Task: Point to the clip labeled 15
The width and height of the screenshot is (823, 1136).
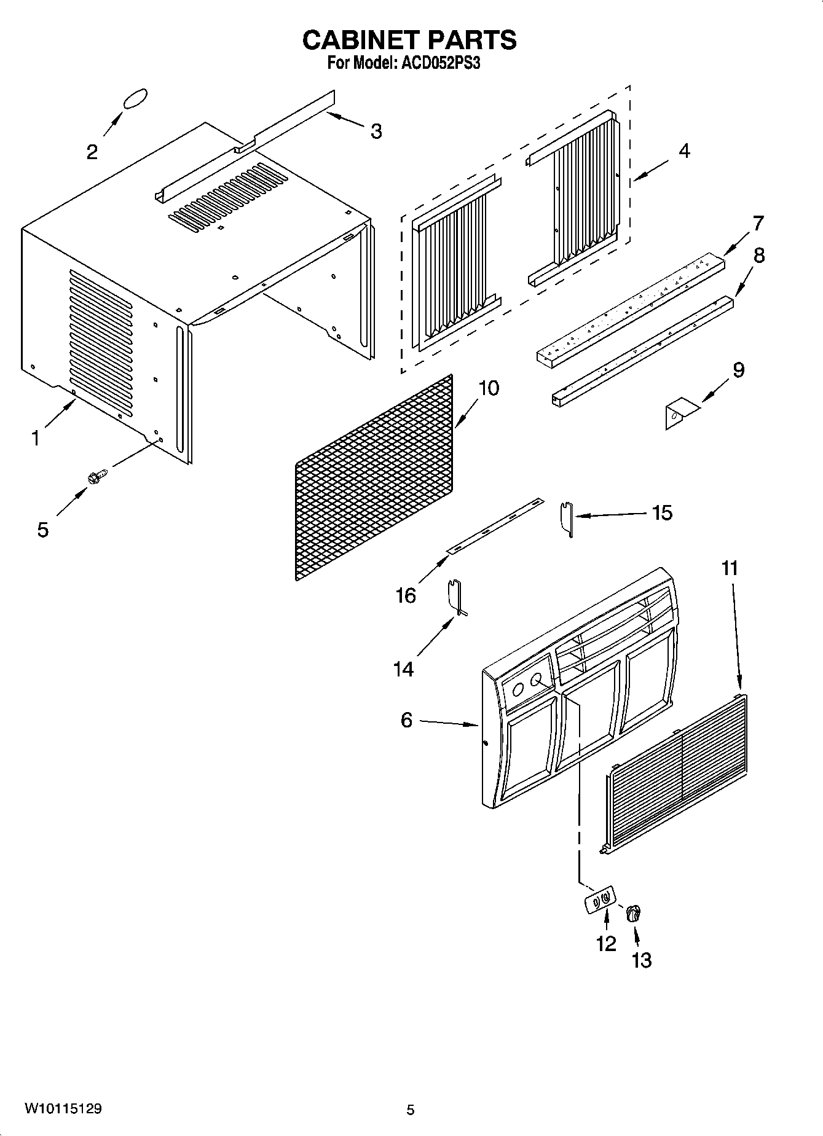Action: [567, 519]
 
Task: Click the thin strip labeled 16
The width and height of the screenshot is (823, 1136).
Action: [495, 526]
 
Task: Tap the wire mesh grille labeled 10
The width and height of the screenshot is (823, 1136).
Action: [374, 479]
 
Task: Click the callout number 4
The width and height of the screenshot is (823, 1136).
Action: [684, 151]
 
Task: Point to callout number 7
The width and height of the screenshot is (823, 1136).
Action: [758, 223]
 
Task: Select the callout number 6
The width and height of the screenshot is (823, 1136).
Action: [406, 720]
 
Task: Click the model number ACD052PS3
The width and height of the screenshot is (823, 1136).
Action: [440, 63]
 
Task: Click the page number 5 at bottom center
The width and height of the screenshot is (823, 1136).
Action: [411, 1110]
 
